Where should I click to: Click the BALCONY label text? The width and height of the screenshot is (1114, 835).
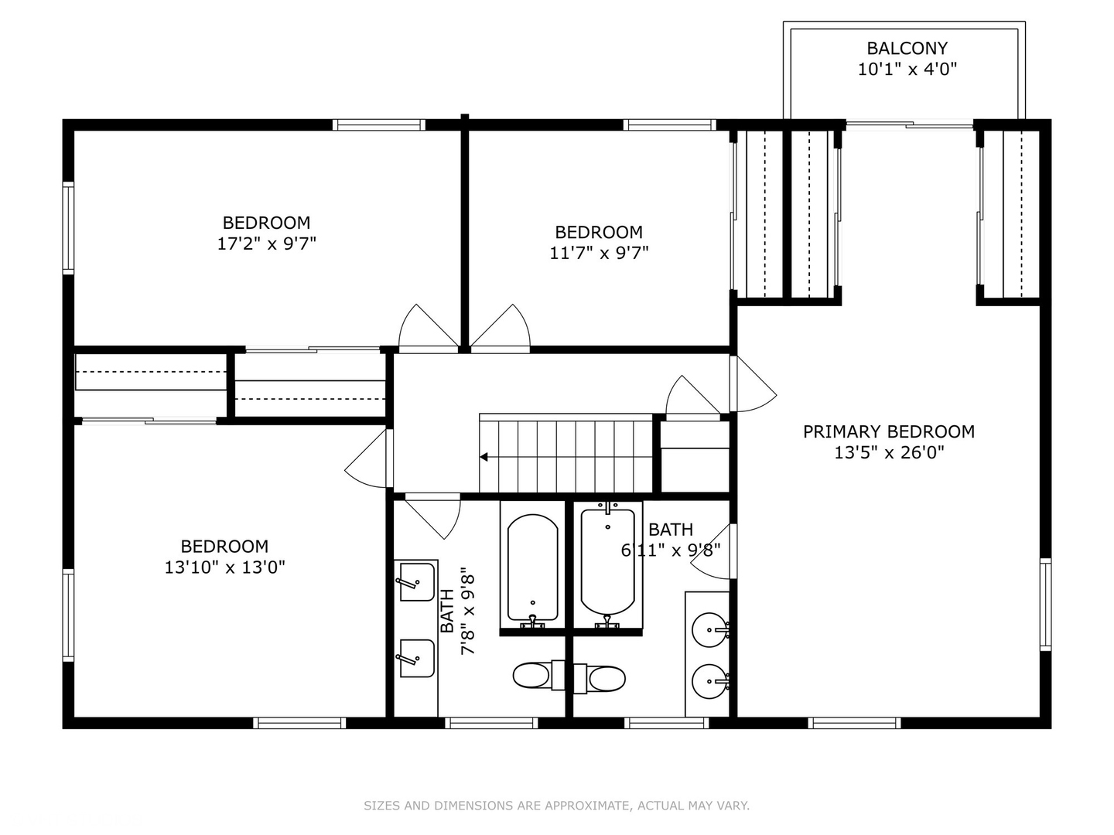point(907,48)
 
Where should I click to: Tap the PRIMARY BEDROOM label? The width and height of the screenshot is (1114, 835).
point(888,431)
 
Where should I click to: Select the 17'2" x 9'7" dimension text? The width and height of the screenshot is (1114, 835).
point(266,244)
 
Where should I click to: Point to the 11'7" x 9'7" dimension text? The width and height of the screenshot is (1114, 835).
point(599,253)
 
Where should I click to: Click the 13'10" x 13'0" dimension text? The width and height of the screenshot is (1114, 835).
point(224,567)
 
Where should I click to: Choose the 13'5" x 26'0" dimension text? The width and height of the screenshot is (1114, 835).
point(888,452)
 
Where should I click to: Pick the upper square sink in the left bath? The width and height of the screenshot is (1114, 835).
point(416,582)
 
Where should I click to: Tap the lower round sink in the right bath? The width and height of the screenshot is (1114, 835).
point(710,681)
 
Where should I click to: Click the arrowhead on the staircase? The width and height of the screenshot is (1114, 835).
point(484,457)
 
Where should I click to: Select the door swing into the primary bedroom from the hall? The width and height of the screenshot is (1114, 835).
point(752,387)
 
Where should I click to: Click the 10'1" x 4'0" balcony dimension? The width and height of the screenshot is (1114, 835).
point(907,69)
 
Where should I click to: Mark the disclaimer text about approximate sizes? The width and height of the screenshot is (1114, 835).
point(556,806)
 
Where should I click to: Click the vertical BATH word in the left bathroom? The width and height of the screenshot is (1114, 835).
point(447,611)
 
